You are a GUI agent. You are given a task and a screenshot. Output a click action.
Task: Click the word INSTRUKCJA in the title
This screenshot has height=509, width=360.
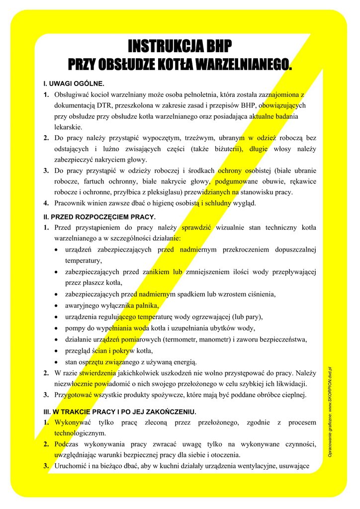tap(159, 47)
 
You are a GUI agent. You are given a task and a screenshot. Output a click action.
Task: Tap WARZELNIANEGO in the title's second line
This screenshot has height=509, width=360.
tap(243, 64)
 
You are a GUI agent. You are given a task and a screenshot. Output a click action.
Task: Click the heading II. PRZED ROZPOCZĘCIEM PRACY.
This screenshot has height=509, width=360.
tap(99, 217)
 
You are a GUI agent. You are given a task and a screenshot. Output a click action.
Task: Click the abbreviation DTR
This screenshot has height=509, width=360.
tap(105, 105)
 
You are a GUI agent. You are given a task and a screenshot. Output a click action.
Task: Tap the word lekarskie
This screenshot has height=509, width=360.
tap(68, 127)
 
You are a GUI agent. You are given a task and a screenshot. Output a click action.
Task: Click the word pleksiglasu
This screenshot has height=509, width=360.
tap(165, 192)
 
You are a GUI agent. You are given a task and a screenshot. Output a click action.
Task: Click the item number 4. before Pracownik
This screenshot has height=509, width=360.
tap(46, 203)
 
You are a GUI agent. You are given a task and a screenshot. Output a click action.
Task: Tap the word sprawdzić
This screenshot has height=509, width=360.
tap(196, 228)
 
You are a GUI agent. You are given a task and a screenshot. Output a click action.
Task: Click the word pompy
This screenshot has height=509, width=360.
tap(75, 328)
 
